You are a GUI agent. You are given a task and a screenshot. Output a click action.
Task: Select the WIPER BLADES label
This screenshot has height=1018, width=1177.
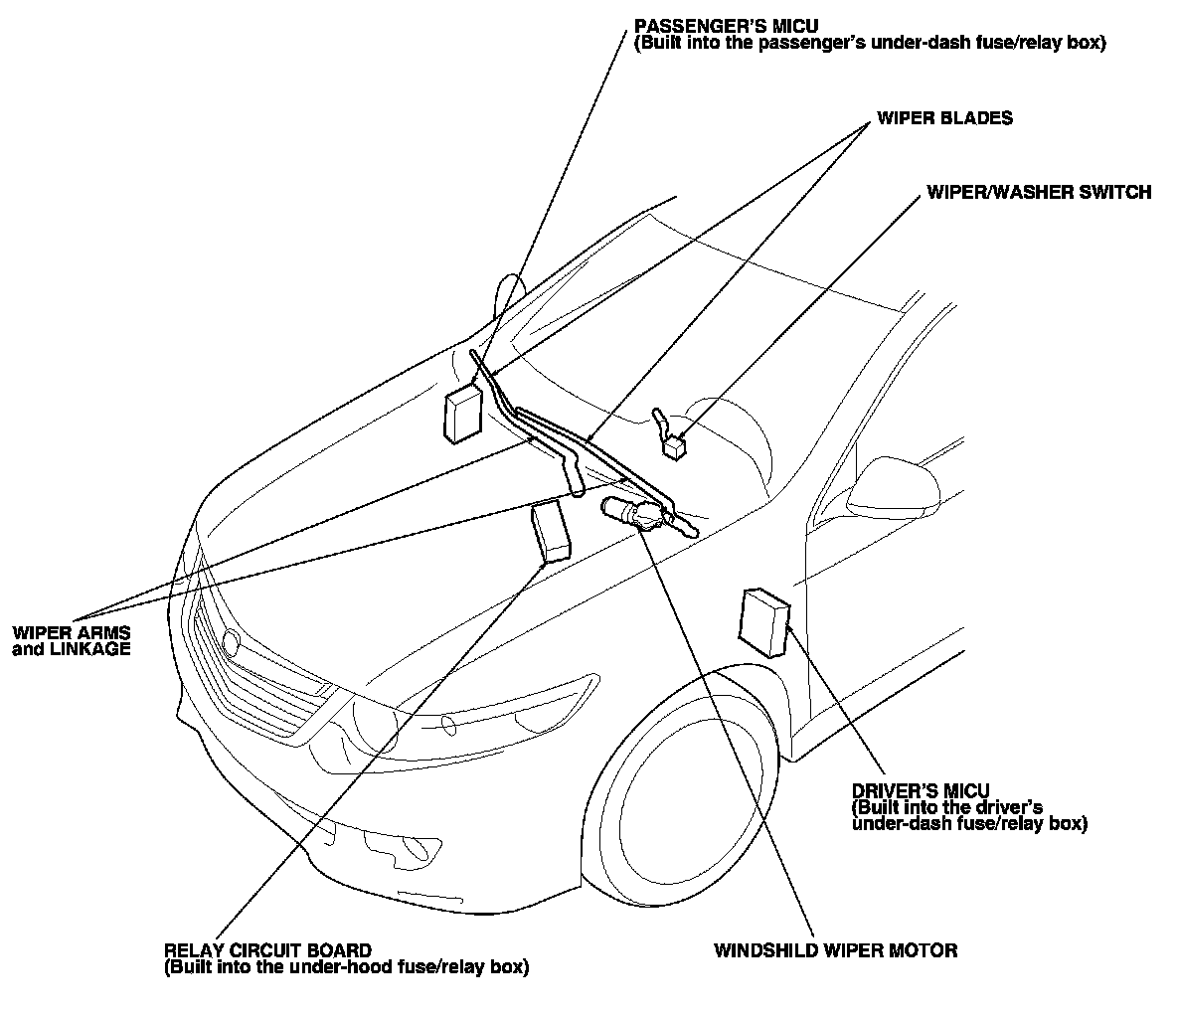coord(943,118)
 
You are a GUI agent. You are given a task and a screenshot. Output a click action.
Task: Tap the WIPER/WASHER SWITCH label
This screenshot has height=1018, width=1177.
coord(1038,192)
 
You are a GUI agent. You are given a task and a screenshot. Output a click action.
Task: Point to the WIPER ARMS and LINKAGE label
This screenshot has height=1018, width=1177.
coord(71,641)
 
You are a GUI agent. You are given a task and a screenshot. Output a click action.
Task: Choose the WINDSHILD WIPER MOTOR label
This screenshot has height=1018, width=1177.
coord(835,950)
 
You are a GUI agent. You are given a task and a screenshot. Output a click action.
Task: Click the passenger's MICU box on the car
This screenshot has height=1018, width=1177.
coord(462,411)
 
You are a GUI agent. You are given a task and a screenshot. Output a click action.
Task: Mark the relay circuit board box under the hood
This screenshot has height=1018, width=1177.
coord(551,531)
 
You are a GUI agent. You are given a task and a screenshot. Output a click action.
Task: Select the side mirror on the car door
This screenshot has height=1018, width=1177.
coord(887,482)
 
